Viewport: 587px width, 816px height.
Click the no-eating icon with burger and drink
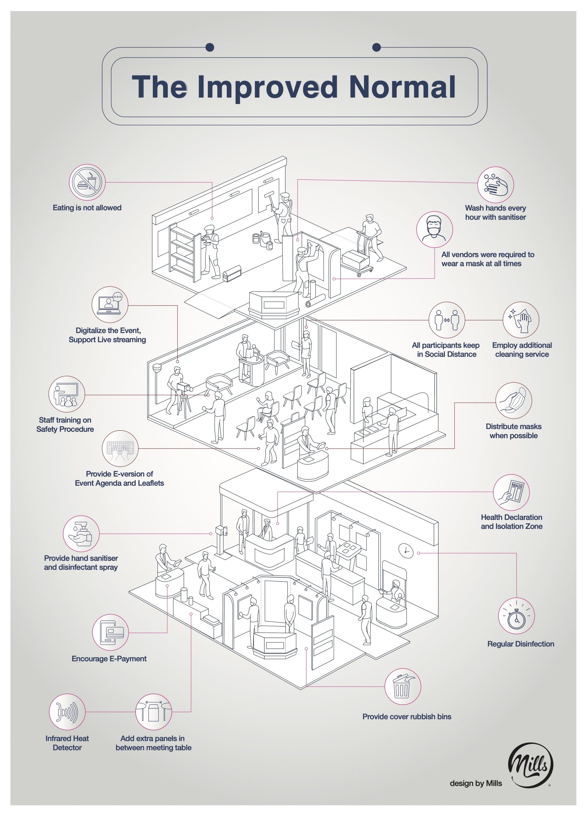click(x=87, y=182)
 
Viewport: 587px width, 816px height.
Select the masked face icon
click(x=434, y=229)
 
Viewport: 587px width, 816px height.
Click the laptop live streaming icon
click(x=110, y=304)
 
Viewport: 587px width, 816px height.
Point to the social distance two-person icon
click(x=447, y=320)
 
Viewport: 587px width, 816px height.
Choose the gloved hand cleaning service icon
click(x=520, y=319)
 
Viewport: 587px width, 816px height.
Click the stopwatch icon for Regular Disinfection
click(x=517, y=616)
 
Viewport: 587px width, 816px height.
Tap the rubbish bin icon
click(x=402, y=687)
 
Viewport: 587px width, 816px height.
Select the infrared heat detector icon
click(x=67, y=712)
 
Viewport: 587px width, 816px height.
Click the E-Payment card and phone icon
click(x=110, y=632)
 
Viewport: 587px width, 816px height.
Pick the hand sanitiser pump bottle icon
click(x=81, y=534)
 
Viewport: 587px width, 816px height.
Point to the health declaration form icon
click(x=511, y=492)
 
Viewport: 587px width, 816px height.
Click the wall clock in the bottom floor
click(x=406, y=550)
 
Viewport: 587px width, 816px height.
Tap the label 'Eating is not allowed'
click(x=87, y=208)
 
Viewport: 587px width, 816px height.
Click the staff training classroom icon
click(x=67, y=394)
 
